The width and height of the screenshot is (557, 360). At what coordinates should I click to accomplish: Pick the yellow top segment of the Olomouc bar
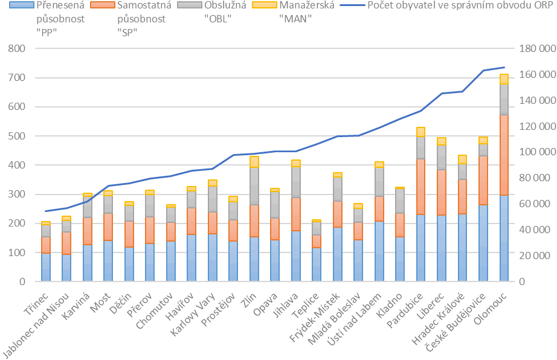pyautogui.click(x=503, y=79)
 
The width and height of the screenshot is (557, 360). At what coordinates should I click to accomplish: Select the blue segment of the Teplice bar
pyautogui.click(x=316, y=265)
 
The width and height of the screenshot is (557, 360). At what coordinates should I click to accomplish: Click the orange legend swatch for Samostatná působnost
pyautogui.click(x=95, y=6)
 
